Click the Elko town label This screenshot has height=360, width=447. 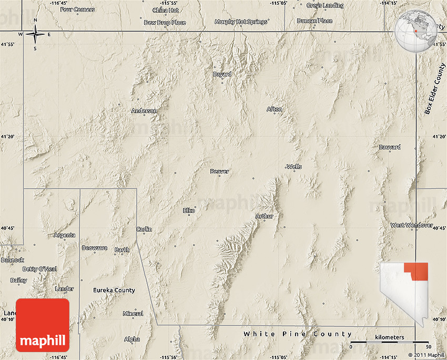pos(189,211)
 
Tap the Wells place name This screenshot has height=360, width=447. pos(294,167)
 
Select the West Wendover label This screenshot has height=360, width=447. pos(412,225)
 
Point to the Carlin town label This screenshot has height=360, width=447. pos(144,229)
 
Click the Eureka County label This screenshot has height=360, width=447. pos(114,290)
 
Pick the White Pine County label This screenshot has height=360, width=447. pos(298,334)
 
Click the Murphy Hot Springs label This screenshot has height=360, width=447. pos(241,22)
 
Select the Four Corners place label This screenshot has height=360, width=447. pos(78,9)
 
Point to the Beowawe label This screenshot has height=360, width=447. pos(95,247)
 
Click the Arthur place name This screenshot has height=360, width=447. pos(265,216)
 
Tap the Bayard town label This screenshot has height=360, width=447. pos(222,74)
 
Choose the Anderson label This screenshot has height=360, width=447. pos(144,111)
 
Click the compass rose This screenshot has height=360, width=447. pos(35,35)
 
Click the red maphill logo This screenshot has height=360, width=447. pos(43,325)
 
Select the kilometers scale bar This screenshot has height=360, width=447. pos(390,343)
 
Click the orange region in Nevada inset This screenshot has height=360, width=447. pos(419,271)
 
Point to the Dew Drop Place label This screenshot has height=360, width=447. pos(165,23)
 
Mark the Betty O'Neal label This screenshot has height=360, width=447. pos(40,269)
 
